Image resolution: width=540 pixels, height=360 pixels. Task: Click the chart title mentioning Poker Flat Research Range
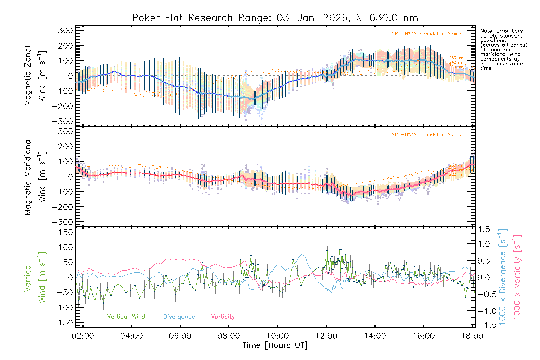pos(275,18)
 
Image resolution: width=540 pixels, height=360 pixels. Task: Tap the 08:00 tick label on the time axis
pos(229,336)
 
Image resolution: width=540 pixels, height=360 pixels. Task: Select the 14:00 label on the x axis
pos(375,336)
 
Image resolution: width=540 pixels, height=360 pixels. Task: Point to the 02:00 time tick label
pos(83,336)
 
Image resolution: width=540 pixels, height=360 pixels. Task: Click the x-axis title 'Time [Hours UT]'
pos(275,345)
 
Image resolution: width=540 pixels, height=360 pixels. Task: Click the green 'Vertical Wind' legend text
pos(126,316)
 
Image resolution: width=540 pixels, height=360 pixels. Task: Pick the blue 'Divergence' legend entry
pos(179,317)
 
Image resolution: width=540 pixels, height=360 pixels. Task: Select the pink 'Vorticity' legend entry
pos(223,316)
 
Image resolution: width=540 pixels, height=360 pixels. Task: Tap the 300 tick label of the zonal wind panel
pos(65,31)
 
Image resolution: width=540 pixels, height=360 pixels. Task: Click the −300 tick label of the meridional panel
pos(62,222)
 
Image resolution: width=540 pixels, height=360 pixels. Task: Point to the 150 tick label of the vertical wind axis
pos(65,232)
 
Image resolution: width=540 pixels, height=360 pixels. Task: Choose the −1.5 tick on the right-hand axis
pos(483,325)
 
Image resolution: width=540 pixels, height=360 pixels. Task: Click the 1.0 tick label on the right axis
pos(484,244)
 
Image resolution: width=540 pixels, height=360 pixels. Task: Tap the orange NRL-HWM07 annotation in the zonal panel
pos(427,34)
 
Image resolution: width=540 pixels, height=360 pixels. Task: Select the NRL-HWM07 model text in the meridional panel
pos(427,135)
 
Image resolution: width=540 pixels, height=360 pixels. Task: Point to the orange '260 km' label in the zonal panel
pos(456,58)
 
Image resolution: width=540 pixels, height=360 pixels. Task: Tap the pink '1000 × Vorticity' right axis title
pos(517,277)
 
